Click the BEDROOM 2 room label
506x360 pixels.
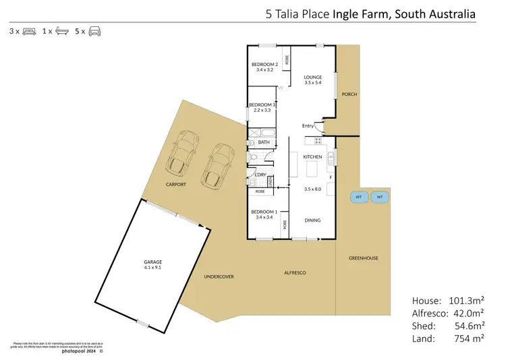262,64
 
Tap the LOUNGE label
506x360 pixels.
312,78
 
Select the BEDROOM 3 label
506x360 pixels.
262,105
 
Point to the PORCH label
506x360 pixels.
349,94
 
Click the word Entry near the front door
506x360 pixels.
308,125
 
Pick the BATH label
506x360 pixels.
263,142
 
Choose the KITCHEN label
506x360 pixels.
312,156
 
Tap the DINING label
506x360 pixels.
312,220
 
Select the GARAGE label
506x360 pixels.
153,262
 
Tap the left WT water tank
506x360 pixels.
359,197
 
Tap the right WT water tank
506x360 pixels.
380,197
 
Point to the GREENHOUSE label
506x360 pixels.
363,258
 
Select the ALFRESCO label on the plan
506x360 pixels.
294,272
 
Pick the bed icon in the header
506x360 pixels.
29,31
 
